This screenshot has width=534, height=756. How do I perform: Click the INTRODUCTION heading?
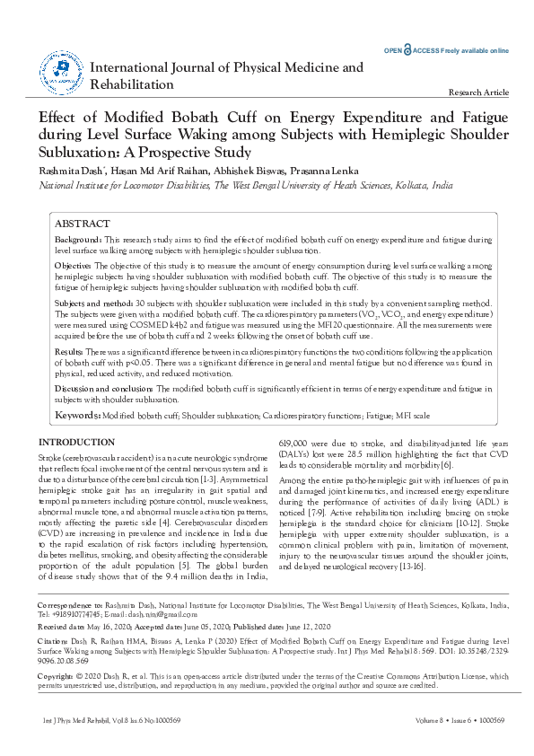(77, 443)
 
